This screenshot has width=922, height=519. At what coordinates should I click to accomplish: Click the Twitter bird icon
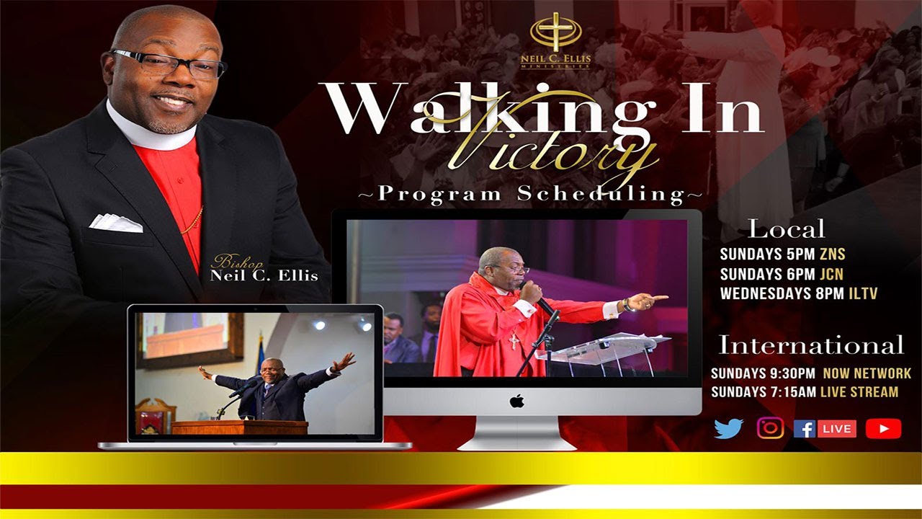728,428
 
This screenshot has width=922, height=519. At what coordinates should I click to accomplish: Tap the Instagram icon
770,428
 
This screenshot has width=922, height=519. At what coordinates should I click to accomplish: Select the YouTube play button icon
883,429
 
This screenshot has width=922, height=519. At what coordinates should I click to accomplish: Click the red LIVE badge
837,429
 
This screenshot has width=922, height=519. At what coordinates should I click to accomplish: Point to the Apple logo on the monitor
516,402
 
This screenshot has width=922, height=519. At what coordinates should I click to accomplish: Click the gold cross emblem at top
555,32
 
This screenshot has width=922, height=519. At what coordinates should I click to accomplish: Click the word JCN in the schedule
831,274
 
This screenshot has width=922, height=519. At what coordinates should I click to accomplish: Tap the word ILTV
862,293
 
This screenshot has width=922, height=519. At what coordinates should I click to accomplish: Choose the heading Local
786,229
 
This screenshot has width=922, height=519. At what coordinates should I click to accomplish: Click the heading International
811,345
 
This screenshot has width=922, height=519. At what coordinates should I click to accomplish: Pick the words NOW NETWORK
867,373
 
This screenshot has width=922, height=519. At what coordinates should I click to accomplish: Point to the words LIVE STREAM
862,392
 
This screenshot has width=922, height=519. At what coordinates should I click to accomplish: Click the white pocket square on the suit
115,223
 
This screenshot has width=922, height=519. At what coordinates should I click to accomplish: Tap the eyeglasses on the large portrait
169,63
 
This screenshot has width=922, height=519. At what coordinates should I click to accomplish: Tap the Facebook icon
804,429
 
